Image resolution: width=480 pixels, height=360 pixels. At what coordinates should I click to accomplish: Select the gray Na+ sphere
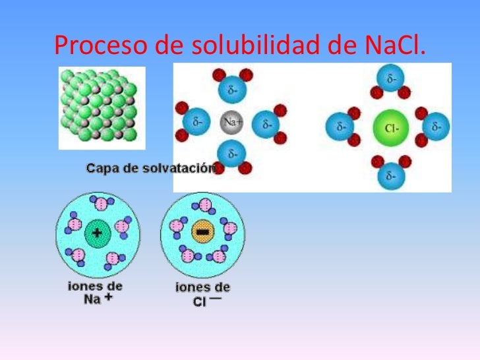tap(231, 122)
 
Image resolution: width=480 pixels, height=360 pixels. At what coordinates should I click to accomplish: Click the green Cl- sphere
tap(391, 128)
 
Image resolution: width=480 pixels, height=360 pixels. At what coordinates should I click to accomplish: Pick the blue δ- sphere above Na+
tap(232, 90)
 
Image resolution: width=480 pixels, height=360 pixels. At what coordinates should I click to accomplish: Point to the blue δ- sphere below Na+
tap(231, 154)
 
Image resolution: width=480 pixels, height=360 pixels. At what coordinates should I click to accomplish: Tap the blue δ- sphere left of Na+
tap(196, 121)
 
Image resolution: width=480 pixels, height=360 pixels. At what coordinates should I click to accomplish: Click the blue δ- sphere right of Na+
tap(266, 124)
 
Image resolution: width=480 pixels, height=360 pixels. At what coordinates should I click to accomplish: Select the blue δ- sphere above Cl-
tap(390, 78)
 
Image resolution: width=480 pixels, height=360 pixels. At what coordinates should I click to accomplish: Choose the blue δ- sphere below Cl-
tap(391, 176)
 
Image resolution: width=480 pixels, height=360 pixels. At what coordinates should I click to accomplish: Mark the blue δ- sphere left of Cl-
tap(340, 126)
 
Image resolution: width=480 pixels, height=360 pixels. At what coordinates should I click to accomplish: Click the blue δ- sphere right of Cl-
tap(436, 126)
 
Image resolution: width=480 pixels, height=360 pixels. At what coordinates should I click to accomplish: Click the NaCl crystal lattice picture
tap(102, 108)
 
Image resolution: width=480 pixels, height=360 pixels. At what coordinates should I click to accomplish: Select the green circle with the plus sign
tap(98, 233)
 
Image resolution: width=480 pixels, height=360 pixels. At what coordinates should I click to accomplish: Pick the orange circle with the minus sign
tap(202, 231)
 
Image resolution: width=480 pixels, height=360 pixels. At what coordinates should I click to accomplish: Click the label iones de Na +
tap(95, 293)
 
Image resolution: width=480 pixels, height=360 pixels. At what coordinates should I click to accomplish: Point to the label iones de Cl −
tap(202, 294)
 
